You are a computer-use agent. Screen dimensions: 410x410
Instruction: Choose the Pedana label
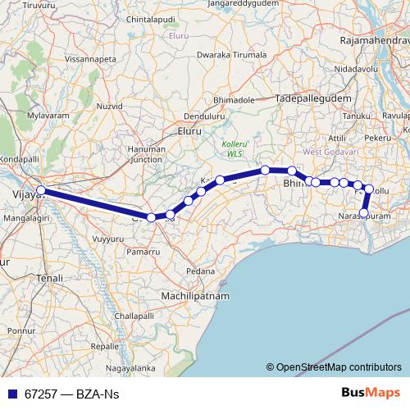pos(201,271)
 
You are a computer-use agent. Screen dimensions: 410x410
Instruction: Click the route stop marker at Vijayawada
pos(40,192)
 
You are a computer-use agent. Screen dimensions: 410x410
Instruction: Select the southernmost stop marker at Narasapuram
pos(364,213)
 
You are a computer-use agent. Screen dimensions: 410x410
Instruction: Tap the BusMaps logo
pos(367,394)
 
